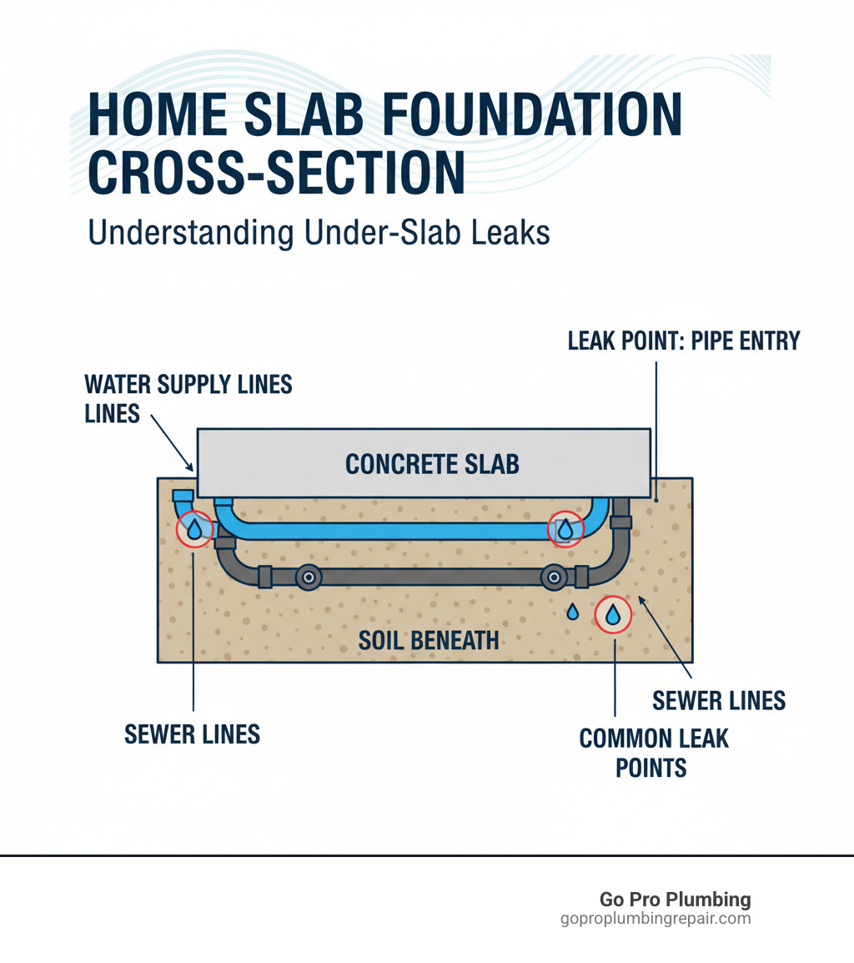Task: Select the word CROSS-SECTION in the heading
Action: (276, 172)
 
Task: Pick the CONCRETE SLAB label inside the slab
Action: (432, 463)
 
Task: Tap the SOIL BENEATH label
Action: (429, 640)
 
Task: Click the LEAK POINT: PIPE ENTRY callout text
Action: (684, 340)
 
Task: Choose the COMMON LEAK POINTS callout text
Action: (654, 752)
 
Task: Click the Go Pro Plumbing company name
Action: (675, 900)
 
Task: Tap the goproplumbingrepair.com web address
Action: (656, 919)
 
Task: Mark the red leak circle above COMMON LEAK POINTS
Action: (613, 616)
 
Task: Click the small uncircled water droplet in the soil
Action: (572, 612)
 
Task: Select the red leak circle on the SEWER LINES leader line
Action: (194, 528)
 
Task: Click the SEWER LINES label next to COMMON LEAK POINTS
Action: (719, 700)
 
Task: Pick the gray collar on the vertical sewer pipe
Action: (620, 522)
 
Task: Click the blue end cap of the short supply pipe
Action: (183, 496)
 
